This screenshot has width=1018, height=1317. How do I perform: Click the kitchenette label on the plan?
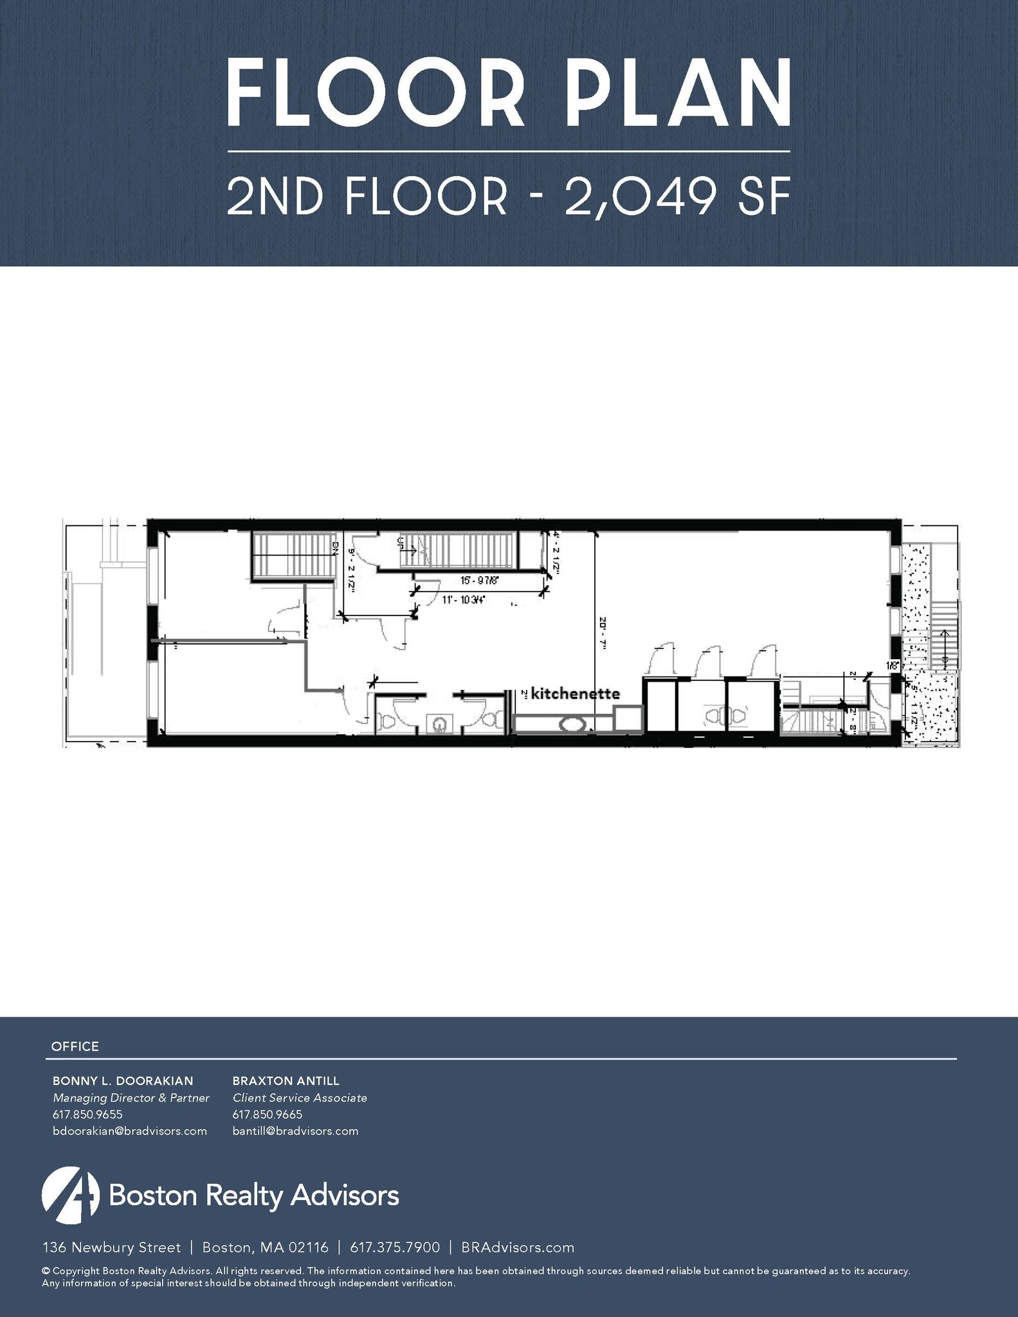click(576, 694)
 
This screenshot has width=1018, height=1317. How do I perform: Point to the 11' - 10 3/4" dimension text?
click(463, 600)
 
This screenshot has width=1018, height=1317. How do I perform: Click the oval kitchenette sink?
click(572, 724)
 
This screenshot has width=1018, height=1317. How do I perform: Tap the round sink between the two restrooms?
click(439, 725)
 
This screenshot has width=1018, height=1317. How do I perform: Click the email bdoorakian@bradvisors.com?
click(130, 1131)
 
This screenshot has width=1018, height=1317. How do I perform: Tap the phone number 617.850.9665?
click(268, 1114)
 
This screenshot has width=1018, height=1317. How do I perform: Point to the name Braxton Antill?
click(286, 1080)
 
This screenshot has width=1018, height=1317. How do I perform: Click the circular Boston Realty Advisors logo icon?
click(71, 1195)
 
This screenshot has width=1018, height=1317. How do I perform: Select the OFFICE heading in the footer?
click(75, 1046)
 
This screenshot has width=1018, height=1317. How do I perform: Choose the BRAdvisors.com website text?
click(518, 1248)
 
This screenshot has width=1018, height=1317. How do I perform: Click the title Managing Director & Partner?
click(131, 1098)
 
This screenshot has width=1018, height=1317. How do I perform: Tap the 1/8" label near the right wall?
click(892, 666)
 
